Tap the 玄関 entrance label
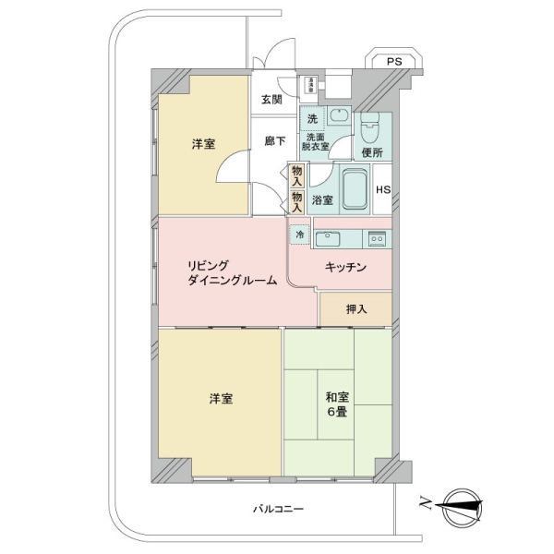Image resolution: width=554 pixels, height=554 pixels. coord(271,100)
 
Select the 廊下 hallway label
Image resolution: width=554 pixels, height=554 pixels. coord(274,140)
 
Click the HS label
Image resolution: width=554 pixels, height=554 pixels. coord(382,191)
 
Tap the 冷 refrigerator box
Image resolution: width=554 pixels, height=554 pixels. coord(299,235)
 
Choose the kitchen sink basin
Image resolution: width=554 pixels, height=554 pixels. coord(329,239)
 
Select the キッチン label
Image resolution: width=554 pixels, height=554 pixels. coord(346,268)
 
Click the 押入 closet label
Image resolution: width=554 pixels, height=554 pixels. coord(355,308)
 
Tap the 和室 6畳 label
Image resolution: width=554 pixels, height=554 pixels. coord(336,405)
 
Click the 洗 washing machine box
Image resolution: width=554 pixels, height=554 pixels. coord(312,118)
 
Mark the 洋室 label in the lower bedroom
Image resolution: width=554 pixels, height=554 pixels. coord(220,399)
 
